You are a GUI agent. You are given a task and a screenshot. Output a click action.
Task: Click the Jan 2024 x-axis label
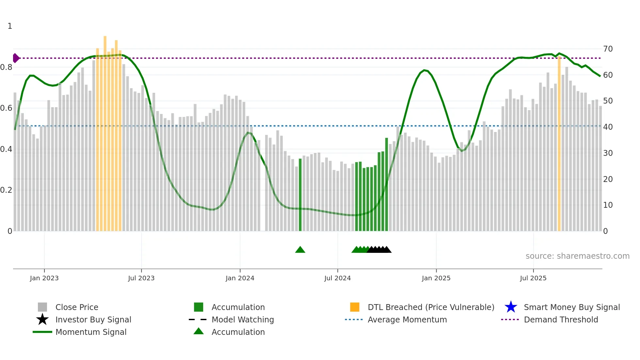pyautogui.click(x=240, y=278)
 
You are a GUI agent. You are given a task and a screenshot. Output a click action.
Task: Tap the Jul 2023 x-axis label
pyautogui.click(x=141, y=278)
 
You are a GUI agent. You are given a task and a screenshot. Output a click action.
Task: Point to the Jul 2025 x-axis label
pyautogui.click(x=533, y=278)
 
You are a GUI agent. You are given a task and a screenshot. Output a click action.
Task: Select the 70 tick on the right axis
pyautogui.click(x=608, y=49)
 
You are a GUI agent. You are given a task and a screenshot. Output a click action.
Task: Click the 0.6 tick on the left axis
pyautogui.click(x=6, y=108)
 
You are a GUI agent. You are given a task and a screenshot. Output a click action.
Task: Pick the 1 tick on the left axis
pyautogui.click(x=10, y=26)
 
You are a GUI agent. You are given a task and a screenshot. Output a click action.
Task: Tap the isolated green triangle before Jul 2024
pyautogui.click(x=300, y=250)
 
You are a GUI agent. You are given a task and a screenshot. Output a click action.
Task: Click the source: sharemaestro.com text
pyautogui.click(x=577, y=256)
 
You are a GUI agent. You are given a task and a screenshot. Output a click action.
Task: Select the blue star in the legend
pyautogui.click(x=511, y=307)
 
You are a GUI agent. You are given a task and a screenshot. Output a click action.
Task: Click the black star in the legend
pyautogui.click(x=42, y=319)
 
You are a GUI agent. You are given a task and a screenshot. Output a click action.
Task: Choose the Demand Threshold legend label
pyautogui.click(x=561, y=319)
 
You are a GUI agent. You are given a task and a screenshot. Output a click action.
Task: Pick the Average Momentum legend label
pyautogui.click(x=407, y=319)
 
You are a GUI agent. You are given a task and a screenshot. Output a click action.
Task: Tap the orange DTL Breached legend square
pyautogui.click(x=355, y=307)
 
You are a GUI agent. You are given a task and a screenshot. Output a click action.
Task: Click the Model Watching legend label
pyautogui.click(x=243, y=319)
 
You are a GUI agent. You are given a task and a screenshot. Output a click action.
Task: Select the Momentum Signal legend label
pyautogui.click(x=91, y=332)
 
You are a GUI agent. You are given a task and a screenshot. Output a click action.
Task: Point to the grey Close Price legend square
pyautogui.click(x=42, y=307)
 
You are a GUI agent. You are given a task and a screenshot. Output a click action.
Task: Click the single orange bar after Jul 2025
pyautogui.click(x=559, y=144)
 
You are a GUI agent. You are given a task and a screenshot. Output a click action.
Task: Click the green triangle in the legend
pyautogui.click(x=199, y=331)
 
